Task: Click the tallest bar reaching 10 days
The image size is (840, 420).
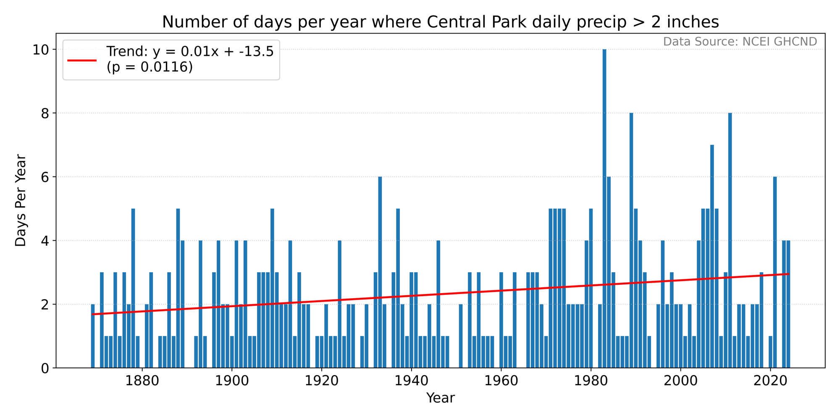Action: click(604, 209)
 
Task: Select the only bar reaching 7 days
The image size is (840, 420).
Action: click(712, 256)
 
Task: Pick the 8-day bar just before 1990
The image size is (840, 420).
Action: click(631, 240)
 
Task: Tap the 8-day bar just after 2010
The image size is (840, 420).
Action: click(730, 240)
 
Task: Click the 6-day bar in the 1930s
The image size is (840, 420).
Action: click(380, 272)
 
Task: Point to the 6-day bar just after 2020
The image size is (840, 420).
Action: click(775, 272)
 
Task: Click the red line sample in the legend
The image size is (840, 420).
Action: click(82, 60)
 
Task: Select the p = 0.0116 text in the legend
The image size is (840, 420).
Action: click(150, 67)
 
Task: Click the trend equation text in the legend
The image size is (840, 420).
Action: click(190, 51)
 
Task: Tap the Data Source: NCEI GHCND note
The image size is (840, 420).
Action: click(740, 42)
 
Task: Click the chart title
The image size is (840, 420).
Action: click(441, 22)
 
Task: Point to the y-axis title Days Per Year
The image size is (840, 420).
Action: click(21, 200)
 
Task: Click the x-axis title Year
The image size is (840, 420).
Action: click(441, 398)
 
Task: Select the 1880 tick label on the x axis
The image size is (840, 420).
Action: click(142, 381)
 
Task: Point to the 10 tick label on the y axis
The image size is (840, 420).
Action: click(41, 50)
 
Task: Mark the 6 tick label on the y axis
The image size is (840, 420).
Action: click(45, 177)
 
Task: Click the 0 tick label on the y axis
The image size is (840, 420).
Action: click(45, 368)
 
